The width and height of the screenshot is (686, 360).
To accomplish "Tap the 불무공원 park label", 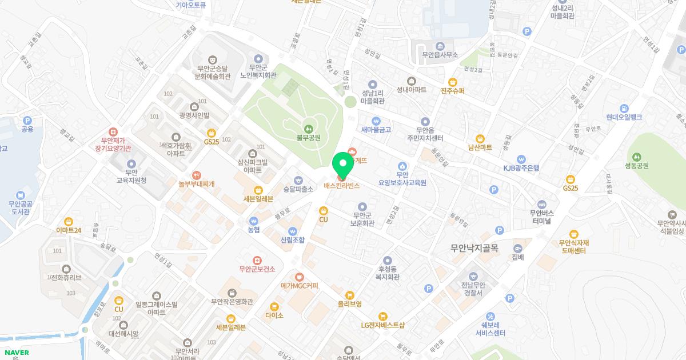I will pyautogui.click(x=308, y=138).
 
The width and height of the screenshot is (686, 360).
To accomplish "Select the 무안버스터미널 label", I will pyautogui.click(x=540, y=217).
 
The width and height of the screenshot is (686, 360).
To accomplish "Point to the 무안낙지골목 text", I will pyautogui.click(x=474, y=249).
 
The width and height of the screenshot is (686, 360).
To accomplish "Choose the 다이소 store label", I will pyautogui.click(x=274, y=315).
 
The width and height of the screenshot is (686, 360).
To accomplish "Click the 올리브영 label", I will pyautogui.click(x=349, y=304).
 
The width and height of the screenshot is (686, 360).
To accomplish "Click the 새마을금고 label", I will pyautogui.click(x=376, y=130).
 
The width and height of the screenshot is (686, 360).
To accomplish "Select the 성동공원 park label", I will pyautogui.click(x=637, y=166).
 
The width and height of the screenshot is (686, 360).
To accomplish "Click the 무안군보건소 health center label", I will pyautogui.click(x=257, y=269).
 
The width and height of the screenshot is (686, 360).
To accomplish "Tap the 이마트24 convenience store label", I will pyautogui.click(x=69, y=230).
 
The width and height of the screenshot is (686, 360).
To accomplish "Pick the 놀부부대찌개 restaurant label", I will pyautogui.click(x=196, y=184).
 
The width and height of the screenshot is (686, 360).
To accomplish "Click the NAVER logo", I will pyautogui.click(x=15, y=353).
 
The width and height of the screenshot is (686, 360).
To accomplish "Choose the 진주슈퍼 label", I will pyautogui.click(x=453, y=90).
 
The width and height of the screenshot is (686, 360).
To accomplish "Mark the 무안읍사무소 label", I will pyautogui.click(x=440, y=55).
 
